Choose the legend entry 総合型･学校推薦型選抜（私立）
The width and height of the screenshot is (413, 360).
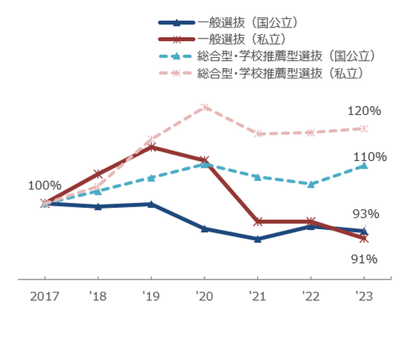pos(279,72)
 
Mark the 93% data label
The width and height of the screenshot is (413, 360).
pos(366,214)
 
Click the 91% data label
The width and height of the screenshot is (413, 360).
pos(364,260)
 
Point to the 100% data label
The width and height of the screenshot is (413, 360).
pos(45,185)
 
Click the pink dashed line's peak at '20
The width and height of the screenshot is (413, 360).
pos(204,107)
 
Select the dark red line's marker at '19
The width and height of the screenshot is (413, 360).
pos(151,147)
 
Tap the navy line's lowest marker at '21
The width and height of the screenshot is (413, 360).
pos(257,240)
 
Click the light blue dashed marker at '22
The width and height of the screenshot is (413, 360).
pos(310,184)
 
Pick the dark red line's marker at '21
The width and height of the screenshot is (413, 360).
pos(257,222)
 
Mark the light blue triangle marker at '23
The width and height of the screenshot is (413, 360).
pos(363,165)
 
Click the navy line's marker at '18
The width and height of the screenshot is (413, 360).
pos(98,207)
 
